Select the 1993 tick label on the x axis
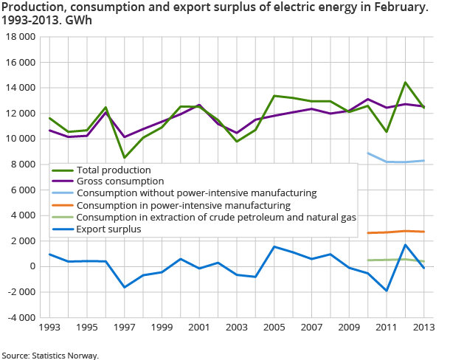pyautogui.click(x=49, y=326)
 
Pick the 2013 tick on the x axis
pyautogui.click(x=424, y=326)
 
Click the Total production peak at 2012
pyautogui.click(x=406, y=83)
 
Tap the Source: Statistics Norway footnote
pyautogui.click(x=51, y=355)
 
